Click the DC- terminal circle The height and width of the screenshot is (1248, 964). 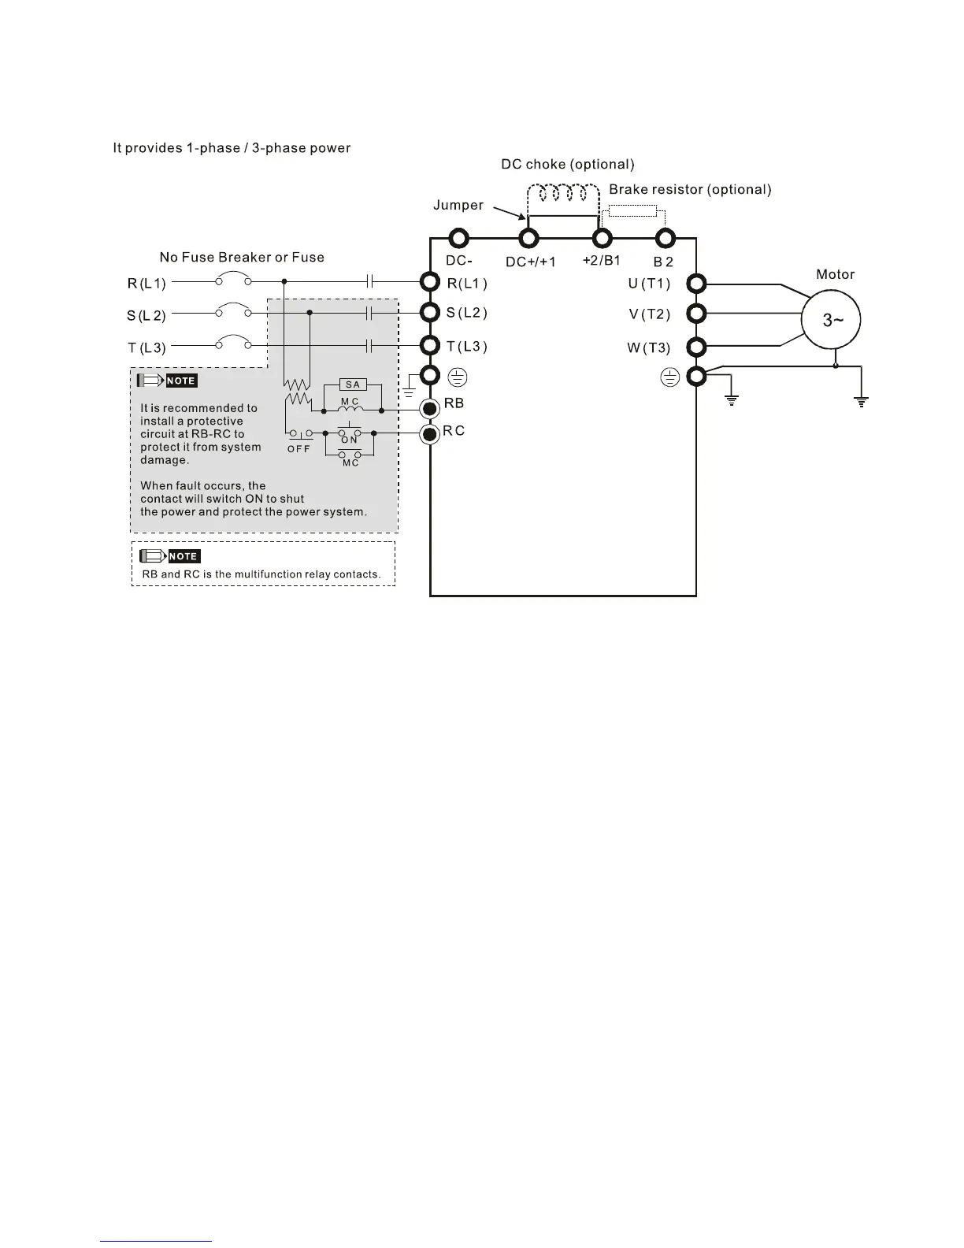pyautogui.click(x=458, y=238)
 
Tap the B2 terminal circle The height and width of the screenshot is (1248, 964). pyautogui.click(x=666, y=238)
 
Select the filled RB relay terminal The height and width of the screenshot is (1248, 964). pyautogui.click(x=430, y=408)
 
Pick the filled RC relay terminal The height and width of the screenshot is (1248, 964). pyautogui.click(x=430, y=434)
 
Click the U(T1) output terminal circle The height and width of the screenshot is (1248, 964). pyautogui.click(x=696, y=284)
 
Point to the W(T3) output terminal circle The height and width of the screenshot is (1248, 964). pyautogui.click(x=696, y=347)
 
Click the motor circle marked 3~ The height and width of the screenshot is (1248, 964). pyautogui.click(x=831, y=321)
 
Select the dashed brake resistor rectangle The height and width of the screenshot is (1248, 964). pyautogui.click(x=632, y=210)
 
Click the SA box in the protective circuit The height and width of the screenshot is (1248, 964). pyautogui.click(x=352, y=384)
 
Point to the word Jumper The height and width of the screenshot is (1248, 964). pyautogui.click(x=458, y=205)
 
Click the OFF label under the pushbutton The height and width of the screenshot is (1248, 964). pyautogui.click(x=298, y=448)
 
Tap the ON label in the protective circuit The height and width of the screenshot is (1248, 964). pyautogui.click(x=349, y=440)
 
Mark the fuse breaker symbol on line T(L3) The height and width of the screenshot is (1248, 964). pyautogui.click(x=233, y=343)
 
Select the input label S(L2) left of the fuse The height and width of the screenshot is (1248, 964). pyautogui.click(x=146, y=316)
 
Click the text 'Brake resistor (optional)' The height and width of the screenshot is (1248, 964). pyautogui.click(x=690, y=189)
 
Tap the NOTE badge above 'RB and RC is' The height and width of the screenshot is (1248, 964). pyautogui.click(x=183, y=556)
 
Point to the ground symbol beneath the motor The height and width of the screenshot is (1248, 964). pyautogui.click(x=862, y=402)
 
